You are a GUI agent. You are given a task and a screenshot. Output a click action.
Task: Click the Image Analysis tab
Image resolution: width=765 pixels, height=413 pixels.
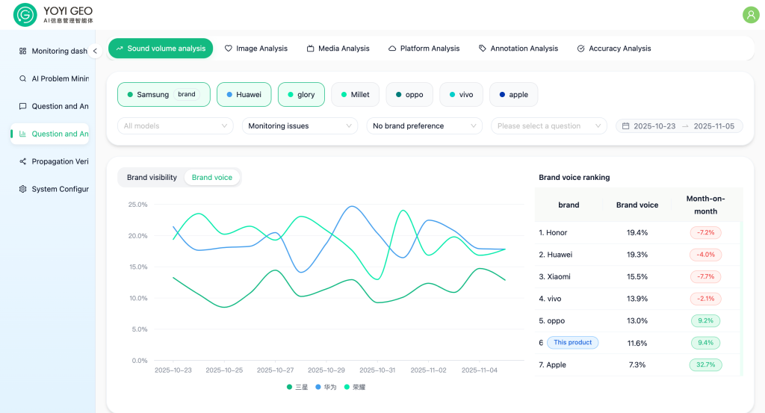point(256,49)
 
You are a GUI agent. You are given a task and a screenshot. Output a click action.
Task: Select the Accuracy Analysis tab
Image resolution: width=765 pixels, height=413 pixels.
point(614,49)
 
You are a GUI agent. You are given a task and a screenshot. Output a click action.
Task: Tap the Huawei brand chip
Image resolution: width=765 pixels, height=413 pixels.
point(244,95)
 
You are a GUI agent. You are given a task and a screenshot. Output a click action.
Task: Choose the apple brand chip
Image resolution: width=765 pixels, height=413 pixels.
point(513,95)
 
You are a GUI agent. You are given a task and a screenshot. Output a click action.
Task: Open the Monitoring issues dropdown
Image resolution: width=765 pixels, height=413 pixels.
point(299,126)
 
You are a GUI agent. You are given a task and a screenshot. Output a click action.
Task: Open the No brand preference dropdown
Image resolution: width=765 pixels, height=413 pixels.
point(423,126)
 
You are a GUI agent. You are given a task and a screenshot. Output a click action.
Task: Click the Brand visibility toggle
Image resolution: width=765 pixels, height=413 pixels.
point(152,178)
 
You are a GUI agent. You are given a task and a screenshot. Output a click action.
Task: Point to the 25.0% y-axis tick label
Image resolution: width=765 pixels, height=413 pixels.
point(137,205)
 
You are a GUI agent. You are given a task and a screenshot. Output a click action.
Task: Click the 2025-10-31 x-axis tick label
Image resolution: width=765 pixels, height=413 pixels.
point(377,370)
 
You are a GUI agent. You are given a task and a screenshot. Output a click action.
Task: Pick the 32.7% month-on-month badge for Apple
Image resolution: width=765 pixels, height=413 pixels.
point(705,365)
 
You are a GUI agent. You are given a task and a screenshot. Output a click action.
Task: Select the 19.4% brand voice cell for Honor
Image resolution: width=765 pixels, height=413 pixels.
point(637,233)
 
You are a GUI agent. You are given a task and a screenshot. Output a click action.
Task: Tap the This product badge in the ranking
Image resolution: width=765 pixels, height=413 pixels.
point(572,343)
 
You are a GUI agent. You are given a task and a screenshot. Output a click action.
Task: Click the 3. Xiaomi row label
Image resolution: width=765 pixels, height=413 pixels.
point(554,277)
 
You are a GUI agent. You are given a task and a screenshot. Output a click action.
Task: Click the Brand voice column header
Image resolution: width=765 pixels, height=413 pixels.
point(637,205)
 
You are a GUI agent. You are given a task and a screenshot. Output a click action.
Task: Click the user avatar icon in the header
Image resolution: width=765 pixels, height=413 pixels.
point(750,14)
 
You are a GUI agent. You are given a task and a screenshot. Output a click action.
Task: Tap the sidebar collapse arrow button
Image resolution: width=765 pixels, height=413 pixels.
point(95,52)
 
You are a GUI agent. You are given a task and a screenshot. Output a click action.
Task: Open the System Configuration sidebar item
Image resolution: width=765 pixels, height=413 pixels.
point(55,190)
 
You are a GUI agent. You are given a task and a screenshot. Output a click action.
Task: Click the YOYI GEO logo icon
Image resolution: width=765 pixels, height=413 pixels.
point(25,15)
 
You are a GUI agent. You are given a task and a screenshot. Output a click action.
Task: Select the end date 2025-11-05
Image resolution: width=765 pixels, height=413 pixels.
point(713,126)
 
